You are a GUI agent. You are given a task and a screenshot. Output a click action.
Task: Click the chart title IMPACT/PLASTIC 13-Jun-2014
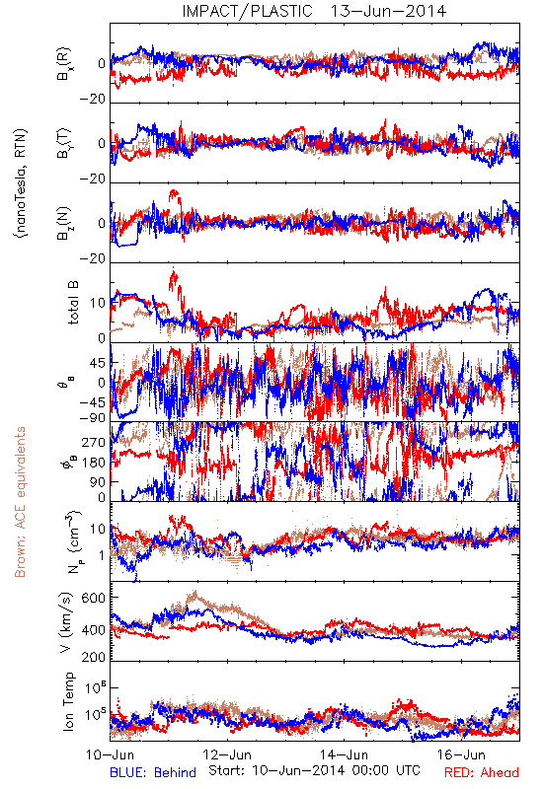[x=314, y=11]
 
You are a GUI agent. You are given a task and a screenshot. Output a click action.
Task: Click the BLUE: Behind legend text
[x=153, y=772]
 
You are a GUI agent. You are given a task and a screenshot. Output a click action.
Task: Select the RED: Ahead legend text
[x=482, y=772]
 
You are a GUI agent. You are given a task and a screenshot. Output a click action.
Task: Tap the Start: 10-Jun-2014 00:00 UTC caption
[x=314, y=770]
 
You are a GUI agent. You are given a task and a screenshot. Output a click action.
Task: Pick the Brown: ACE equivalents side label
[x=20, y=502]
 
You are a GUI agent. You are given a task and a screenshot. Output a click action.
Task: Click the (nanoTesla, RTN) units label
[x=21, y=183]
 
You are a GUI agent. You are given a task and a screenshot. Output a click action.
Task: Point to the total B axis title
[x=73, y=303]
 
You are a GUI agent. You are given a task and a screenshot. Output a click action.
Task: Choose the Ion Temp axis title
[x=68, y=701]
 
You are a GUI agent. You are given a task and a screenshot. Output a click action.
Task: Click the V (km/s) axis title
[x=67, y=622]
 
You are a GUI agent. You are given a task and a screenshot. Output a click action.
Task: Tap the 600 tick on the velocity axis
[x=94, y=598]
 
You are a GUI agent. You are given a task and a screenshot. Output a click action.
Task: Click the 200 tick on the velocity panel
[x=94, y=657]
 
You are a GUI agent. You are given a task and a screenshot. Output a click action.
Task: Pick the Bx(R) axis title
[x=64, y=64]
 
